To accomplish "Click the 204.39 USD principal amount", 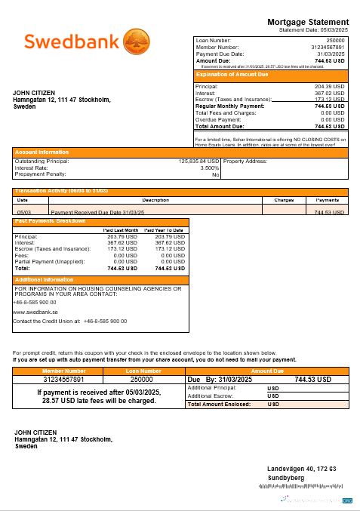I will [329, 86].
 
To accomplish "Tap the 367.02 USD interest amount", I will [329, 92].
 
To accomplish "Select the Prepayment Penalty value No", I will [215, 174].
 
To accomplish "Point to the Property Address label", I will [246, 162].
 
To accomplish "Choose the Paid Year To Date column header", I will [164, 229].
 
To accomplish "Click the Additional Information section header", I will [45, 279].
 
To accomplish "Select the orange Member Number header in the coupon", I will [64, 371].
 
